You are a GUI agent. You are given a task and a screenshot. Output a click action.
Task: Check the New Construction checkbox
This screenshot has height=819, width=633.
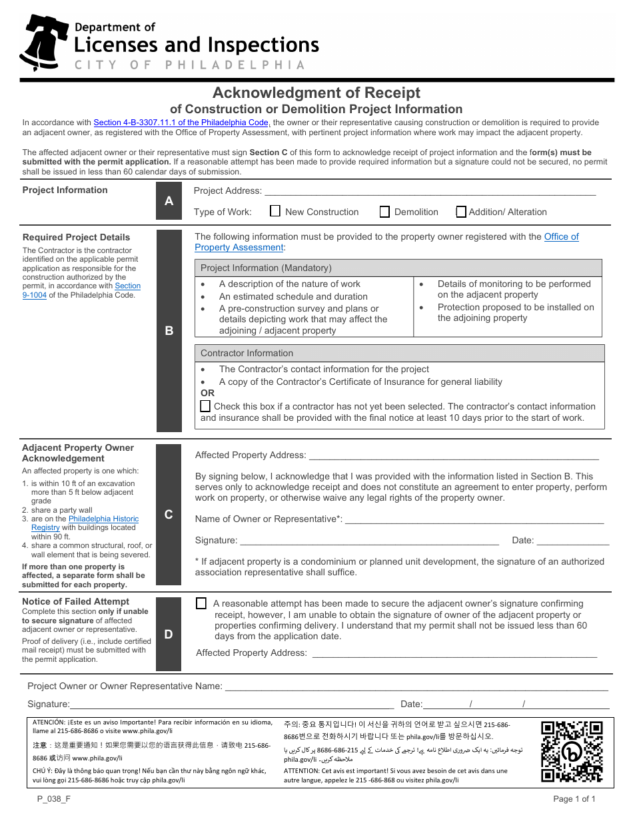tap(275, 211)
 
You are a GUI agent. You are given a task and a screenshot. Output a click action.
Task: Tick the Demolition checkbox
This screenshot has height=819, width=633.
tap(384, 212)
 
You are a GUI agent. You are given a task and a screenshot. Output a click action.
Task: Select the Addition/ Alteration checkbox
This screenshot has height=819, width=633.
tap(461, 212)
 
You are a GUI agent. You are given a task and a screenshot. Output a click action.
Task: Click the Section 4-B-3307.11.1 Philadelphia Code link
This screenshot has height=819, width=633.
tap(181, 123)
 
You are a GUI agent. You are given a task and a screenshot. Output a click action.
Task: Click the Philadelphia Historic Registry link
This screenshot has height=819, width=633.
tap(103, 519)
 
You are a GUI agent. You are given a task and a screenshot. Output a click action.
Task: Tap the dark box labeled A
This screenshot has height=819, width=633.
tap(169, 200)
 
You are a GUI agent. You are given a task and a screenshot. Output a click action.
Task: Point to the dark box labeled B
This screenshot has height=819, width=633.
tap(169, 330)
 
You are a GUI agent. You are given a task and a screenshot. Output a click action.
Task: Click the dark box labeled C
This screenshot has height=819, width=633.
tap(169, 514)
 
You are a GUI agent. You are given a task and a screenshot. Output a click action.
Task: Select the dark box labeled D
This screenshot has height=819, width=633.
tap(169, 634)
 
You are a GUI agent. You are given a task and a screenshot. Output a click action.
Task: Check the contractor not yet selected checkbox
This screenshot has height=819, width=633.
tap(205, 406)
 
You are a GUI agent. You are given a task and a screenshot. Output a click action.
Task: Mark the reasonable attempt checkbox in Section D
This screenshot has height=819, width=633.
tap(201, 603)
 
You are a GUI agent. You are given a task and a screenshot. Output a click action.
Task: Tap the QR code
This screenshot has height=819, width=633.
tap(571, 751)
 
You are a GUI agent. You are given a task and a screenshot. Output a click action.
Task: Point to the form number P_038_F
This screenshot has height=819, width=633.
tap(49, 799)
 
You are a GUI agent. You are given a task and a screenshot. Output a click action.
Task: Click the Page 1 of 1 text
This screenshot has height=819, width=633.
tap(574, 799)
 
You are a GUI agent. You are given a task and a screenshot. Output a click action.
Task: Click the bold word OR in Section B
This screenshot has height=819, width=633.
tap(207, 393)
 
